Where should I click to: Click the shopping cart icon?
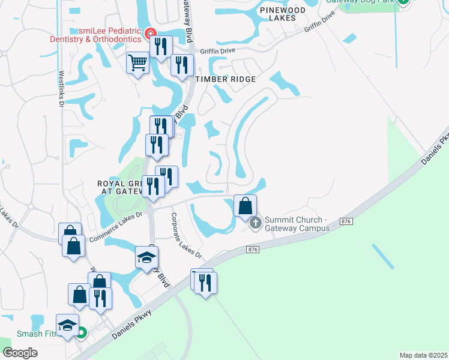coord(138,62)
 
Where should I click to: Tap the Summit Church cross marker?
coord(255,224)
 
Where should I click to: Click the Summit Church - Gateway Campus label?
coord(297,224)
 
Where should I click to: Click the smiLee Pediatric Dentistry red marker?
coord(149,34)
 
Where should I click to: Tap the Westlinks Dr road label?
coord(61,89)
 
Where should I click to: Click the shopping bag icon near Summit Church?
coord(246,206)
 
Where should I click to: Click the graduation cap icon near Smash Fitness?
coord(68,325)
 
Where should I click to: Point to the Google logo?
coord(20,353)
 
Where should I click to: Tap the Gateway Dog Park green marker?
coord(405,1)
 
